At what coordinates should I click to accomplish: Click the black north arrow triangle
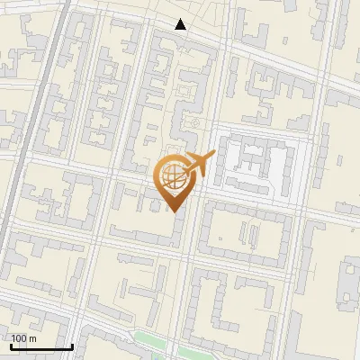tap(181, 24)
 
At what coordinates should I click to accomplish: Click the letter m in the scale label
tap(32, 338)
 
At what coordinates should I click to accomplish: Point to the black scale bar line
tap(41, 346)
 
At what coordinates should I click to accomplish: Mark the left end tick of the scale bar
tap(11, 345)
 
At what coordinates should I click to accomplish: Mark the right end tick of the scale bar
tap(72, 345)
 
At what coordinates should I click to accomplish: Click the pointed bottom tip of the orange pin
tap(173, 211)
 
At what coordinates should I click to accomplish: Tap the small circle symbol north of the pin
tap(192, 123)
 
